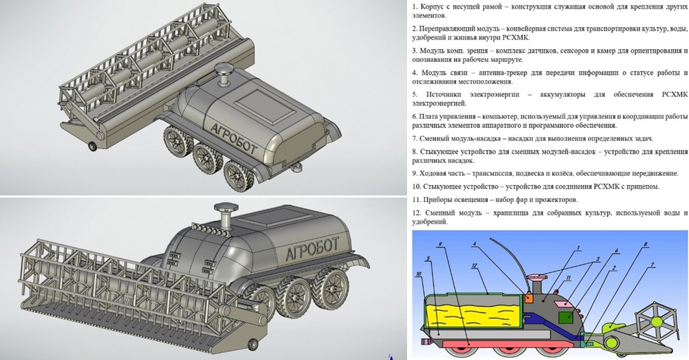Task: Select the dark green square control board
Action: click(x=566, y=317)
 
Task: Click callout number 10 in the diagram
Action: click(x=418, y=274)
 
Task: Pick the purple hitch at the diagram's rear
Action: click(x=426, y=342)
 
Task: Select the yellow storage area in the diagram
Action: click(x=475, y=316)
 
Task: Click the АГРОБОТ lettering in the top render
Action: click(x=233, y=139)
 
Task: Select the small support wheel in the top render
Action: click(x=93, y=146)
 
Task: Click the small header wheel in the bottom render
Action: click(x=252, y=344)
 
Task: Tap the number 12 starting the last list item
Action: click(x=416, y=213)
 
